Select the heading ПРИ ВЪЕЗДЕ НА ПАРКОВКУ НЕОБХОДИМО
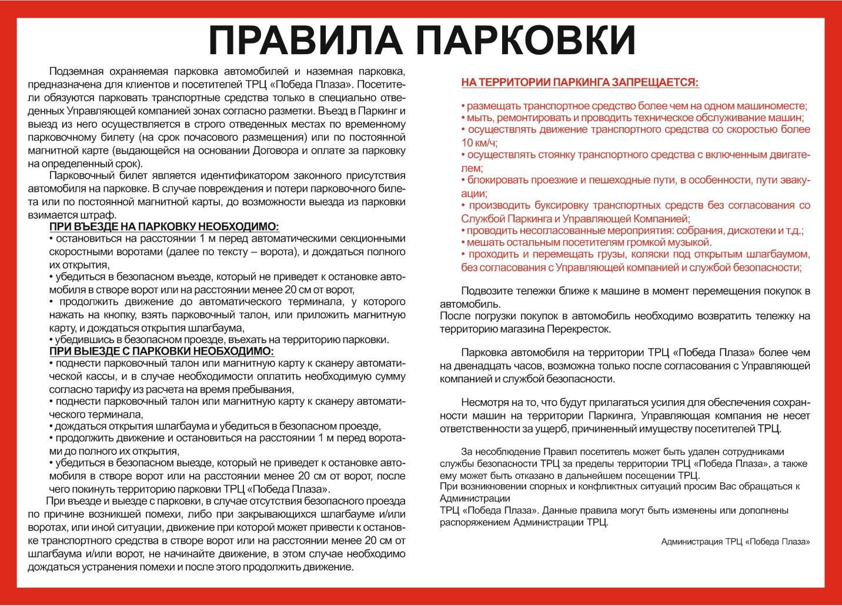pyautogui.click(x=164, y=227)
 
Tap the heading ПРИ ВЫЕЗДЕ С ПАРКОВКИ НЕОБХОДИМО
pyautogui.click(x=161, y=351)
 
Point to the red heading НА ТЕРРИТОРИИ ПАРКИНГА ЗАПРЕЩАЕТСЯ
pyautogui.click(x=580, y=82)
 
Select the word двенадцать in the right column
pyautogui.click(x=465, y=366)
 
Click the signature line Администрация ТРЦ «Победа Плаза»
pyautogui.click(x=735, y=541)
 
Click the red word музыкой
pyautogui.click(x=691, y=242)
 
